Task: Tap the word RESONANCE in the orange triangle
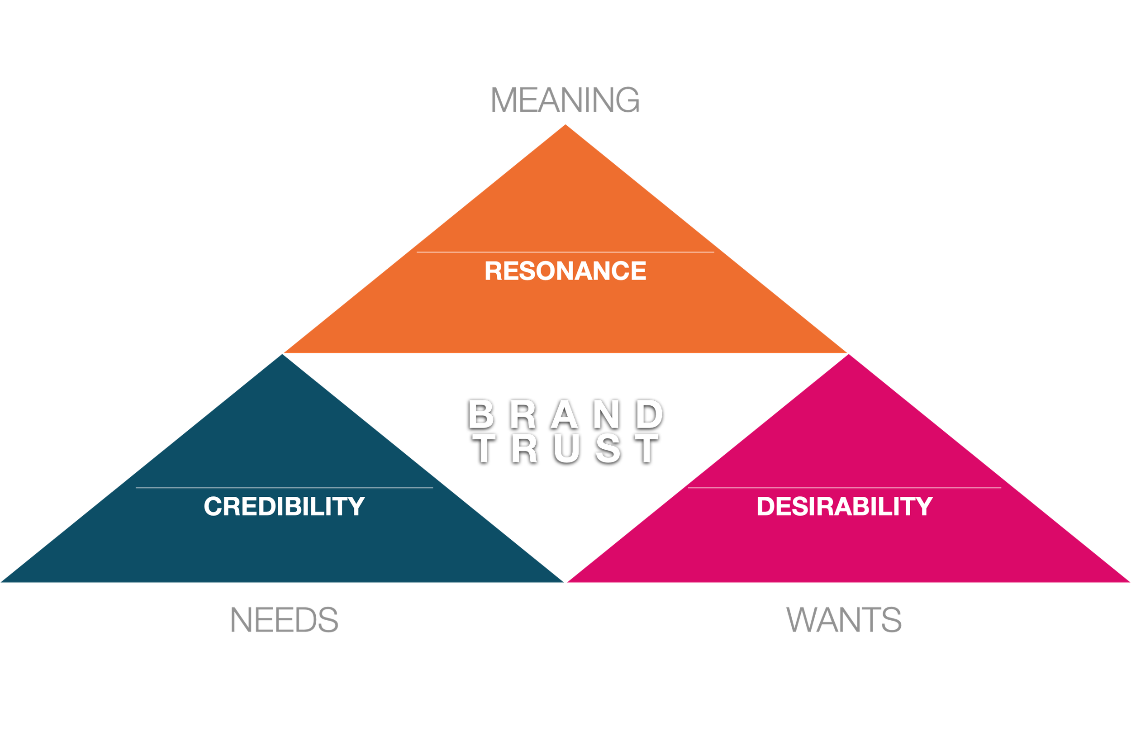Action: pos(565,271)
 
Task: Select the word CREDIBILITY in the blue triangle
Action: pos(284,506)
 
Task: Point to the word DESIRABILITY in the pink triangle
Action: pos(845,506)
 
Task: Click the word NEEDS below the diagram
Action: pos(286,621)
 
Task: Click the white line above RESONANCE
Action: pos(565,252)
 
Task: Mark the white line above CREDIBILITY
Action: pos(284,488)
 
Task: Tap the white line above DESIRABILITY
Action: pos(845,488)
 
